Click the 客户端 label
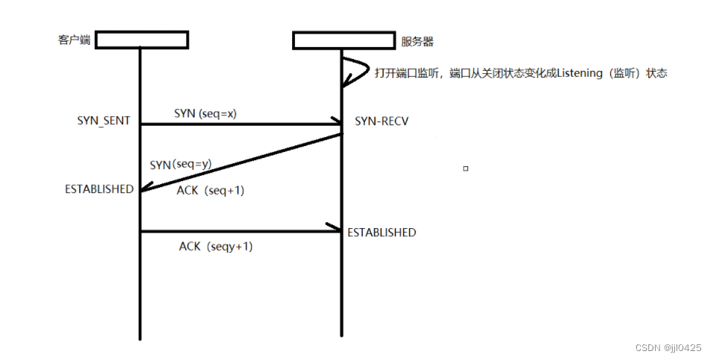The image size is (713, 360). pyautogui.click(x=74, y=40)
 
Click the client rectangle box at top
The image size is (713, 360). pyautogui.click(x=142, y=40)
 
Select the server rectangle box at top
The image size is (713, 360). pyautogui.click(x=343, y=40)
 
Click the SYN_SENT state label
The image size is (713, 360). pyautogui.click(x=104, y=121)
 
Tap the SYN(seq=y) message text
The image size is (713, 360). pyautogui.click(x=181, y=165)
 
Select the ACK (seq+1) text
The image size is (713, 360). pyautogui.click(x=211, y=191)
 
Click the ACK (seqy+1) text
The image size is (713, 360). pyautogui.click(x=215, y=246)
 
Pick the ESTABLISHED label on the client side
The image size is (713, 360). pyautogui.click(x=99, y=189)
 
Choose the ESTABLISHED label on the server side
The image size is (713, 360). pyautogui.click(x=381, y=233)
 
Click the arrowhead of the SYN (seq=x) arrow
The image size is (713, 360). pyautogui.click(x=335, y=124)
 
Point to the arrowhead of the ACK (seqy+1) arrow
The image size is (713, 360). pyautogui.click(x=335, y=231)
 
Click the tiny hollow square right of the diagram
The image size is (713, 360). pyautogui.click(x=466, y=168)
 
